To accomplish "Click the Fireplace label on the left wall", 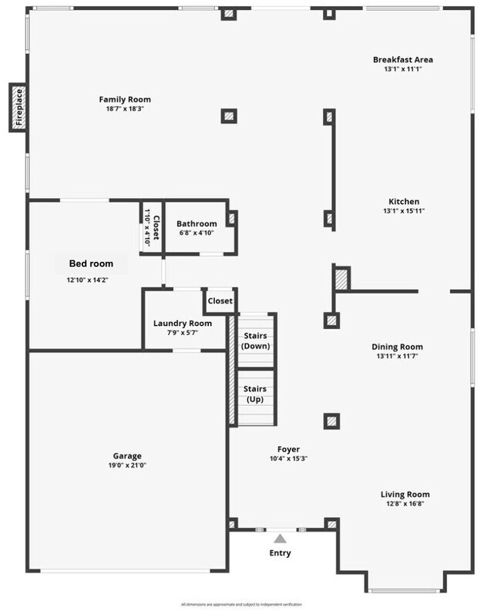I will (19, 108).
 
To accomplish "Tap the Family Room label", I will (125, 99).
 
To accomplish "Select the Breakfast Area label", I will (403, 59).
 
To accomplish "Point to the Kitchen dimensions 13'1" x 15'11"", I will (404, 211).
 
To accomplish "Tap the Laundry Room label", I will (183, 323).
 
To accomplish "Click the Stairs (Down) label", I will (256, 341).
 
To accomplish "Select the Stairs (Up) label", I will (256, 394).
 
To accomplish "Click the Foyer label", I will (288, 449).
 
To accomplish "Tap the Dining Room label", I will (397, 347).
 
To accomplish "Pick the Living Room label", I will (405, 495).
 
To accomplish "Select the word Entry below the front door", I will (281, 553).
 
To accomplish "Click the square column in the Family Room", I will (229, 116).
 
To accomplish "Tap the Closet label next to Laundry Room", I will (220, 301).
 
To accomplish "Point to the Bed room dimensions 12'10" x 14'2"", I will (86, 280).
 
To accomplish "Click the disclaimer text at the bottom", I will (241, 603).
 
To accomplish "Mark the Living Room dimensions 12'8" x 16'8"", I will (405, 504).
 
